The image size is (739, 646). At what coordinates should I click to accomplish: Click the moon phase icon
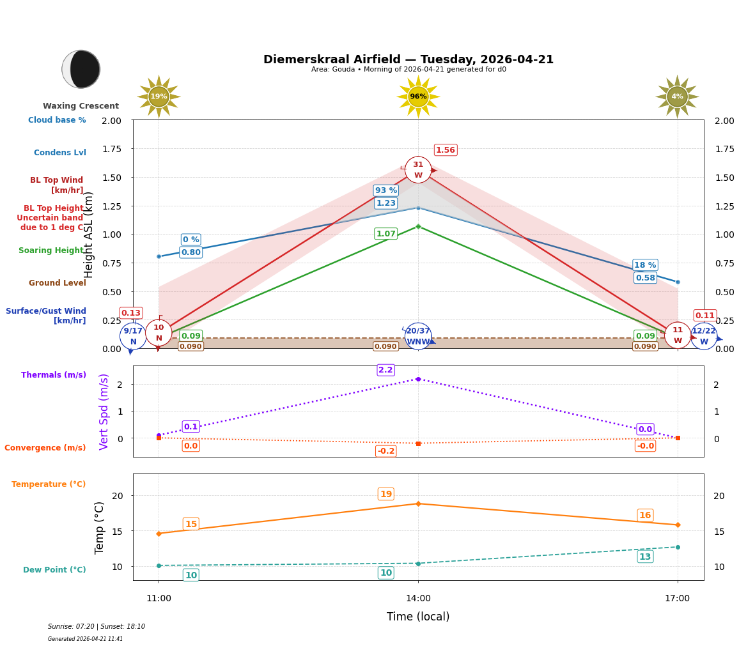coord(81,69)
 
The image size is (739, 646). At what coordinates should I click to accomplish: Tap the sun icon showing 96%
coord(418,96)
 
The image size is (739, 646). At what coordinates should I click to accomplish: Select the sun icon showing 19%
coord(159,96)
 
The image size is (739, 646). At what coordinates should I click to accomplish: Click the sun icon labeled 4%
coord(677,96)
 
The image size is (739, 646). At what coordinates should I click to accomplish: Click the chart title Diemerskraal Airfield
coord(408,59)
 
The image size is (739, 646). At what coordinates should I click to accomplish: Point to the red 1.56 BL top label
coord(445,150)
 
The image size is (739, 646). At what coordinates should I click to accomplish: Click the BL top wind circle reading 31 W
coord(418,170)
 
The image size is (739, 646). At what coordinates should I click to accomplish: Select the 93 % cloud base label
coord(385,190)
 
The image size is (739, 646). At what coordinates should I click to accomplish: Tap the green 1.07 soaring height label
coord(385,234)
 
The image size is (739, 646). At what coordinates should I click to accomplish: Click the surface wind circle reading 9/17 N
coord(133,336)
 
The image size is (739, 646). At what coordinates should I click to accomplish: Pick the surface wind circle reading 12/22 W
coord(704,336)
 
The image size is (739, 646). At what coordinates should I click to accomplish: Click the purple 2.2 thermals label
coord(385,370)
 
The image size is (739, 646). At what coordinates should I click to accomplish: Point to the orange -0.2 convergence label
coord(385,451)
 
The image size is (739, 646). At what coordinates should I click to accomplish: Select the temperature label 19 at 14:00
coord(385,494)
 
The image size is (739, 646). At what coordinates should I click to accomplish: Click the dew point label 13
coord(645,557)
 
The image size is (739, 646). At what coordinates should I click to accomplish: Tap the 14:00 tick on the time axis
coord(418,598)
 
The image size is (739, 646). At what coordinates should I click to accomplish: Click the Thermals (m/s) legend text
coord(54,375)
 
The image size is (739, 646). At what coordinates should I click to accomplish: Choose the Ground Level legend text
coord(58,283)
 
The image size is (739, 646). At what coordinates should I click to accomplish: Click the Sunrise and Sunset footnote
coord(97,626)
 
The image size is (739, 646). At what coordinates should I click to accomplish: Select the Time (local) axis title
coord(418,617)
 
